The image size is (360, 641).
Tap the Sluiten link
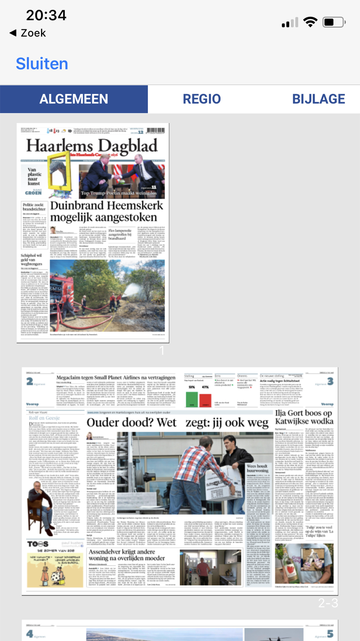pyautogui.click(x=42, y=64)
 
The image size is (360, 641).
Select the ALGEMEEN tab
pyautogui.click(x=74, y=99)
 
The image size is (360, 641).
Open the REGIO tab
pyautogui.click(x=202, y=99)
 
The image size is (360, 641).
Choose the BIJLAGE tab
pyautogui.click(x=318, y=99)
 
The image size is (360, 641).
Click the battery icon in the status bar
pyautogui.click(x=334, y=22)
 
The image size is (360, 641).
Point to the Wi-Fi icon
pyautogui.click(x=310, y=22)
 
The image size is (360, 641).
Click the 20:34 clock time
pyautogui.click(x=46, y=15)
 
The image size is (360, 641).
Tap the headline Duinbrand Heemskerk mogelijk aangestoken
pyautogui.click(x=107, y=211)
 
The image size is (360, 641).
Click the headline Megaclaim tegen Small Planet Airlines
pyautogui.click(x=116, y=377)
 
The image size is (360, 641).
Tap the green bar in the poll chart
pyautogui.click(x=192, y=399)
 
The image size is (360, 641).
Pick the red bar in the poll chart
pyautogui.click(x=205, y=400)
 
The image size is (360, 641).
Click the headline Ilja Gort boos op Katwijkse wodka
pyautogui.click(x=304, y=417)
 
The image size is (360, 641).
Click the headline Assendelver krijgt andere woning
pyautogui.click(x=126, y=555)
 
